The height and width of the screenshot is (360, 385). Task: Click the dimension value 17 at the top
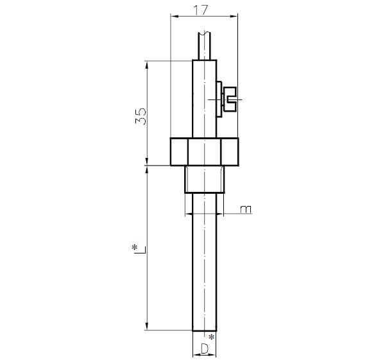tap(201, 10)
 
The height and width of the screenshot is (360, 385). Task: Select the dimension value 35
tap(141, 116)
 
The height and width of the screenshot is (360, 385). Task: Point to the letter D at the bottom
tap(205, 348)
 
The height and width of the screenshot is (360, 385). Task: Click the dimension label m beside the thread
tap(246, 209)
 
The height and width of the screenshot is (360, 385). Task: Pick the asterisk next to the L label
tap(134, 248)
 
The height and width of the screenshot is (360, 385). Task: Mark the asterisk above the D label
tap(211, 337)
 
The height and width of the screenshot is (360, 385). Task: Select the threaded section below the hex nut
tap(204, 179)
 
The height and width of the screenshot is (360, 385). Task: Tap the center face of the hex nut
tap(204, 151)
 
